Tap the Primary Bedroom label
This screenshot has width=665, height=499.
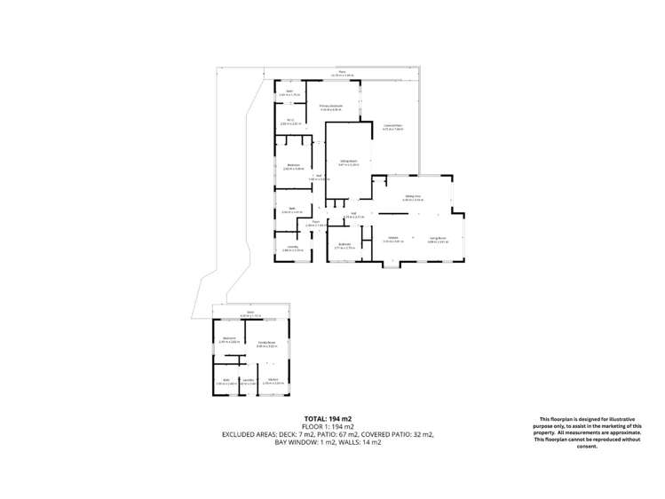(x=330, y=106)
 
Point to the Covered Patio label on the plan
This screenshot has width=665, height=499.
(x=392, y=126)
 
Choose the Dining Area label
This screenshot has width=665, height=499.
(x=413, y=196)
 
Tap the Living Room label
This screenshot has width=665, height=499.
(x=437, y=237)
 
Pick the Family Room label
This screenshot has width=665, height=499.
(x=265, y=343)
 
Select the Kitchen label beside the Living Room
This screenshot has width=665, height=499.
(x=392, y=237)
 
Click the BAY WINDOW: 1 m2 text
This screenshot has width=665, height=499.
(x=304, y=441)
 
